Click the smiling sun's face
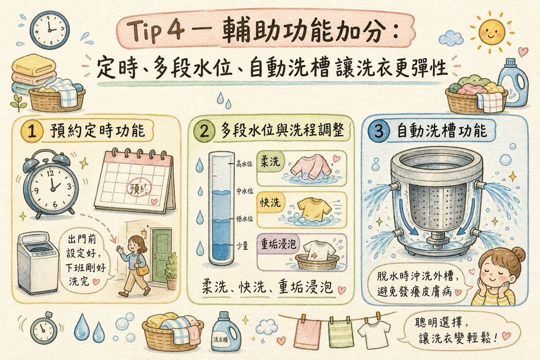point(491,33)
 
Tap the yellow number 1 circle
point(32,131)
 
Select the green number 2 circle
point(204,132)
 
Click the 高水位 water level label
point(244,164)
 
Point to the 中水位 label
point(244,191)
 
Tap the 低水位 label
point(244,219)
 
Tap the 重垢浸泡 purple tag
point(278,244)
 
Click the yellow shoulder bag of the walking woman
point(142,269)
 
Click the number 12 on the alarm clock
point(50,173)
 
